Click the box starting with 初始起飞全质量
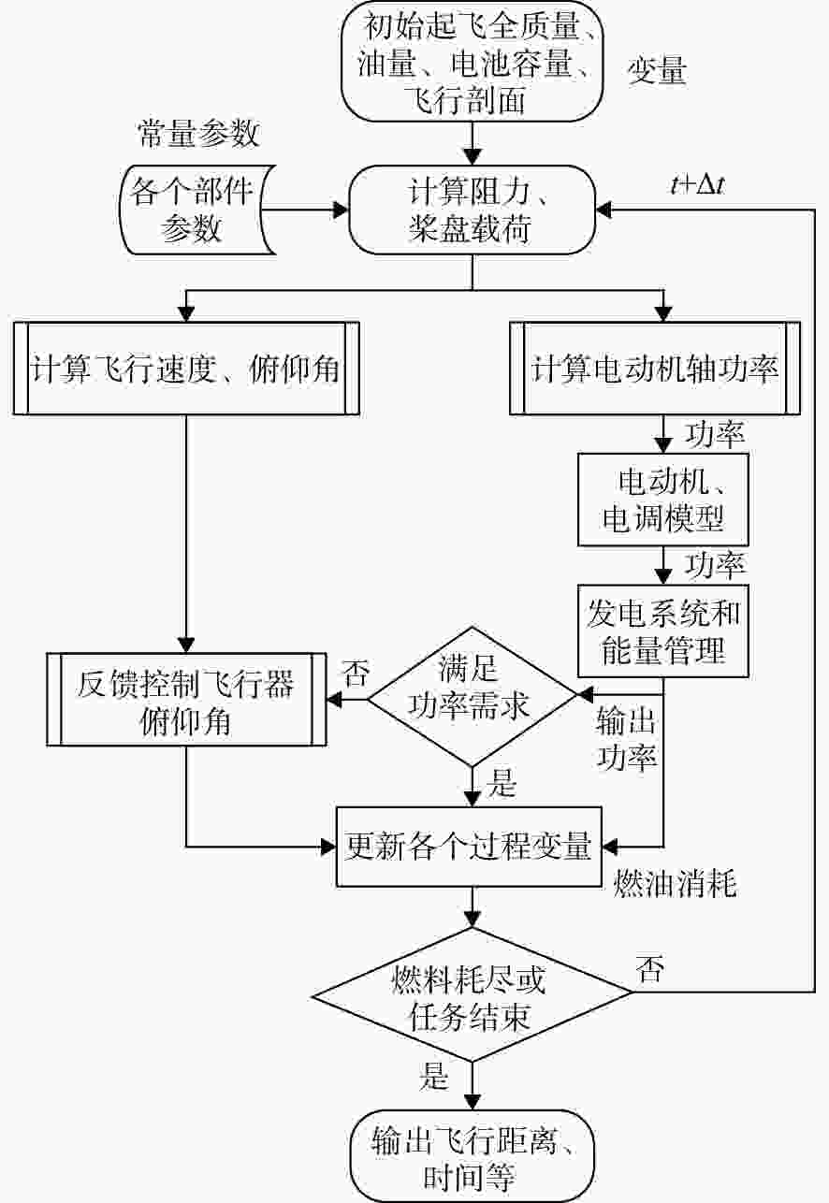tap(473, 61)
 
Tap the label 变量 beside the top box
tap(657, 70)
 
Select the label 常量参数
tap(198, 134)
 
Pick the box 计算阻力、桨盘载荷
tap(473, 210)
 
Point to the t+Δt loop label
tap(698, 186)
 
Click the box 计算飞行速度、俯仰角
tap(186, 369)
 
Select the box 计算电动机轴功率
tap(655, 369)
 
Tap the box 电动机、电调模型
tap(663, 500)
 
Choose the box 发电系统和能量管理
tap(663, 631)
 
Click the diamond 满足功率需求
tap(473, 697)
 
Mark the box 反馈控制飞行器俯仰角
tap(186, 699)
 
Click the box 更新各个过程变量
tap(469, 847)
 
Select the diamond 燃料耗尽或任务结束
tap(473, 994)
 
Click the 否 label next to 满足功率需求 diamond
tap(356, 674)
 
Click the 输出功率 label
tap(627, 738)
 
